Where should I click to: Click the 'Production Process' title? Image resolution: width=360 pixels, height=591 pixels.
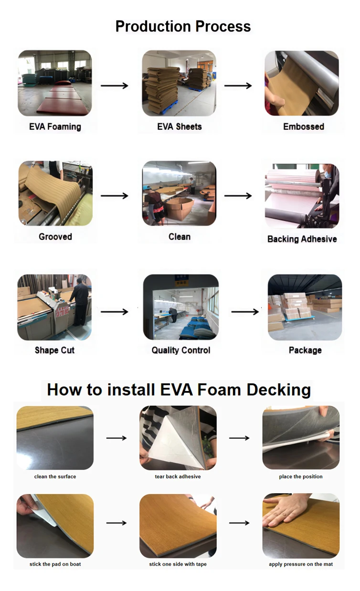183,26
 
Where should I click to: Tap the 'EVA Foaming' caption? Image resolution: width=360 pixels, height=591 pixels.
55,127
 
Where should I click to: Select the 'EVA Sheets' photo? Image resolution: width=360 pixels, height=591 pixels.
179,84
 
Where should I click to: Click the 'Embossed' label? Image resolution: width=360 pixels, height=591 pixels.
303,127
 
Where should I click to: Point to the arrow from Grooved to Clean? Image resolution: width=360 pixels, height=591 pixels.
115,196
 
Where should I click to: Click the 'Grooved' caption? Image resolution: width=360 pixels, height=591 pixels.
55,237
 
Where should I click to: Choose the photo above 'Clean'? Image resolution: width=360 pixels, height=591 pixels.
179,193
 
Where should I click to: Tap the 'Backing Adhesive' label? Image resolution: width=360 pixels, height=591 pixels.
302,239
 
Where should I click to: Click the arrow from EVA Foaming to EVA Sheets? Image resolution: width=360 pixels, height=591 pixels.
115,86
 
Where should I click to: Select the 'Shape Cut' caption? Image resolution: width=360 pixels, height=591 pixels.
54,350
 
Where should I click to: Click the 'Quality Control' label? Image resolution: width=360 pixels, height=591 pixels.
181,350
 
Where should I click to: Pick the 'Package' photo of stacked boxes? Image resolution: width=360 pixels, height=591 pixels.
305,307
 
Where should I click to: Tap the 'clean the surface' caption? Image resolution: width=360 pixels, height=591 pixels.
55,476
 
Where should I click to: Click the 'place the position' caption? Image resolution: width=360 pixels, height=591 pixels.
301,476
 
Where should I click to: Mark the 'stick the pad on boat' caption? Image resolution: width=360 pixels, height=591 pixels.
55,564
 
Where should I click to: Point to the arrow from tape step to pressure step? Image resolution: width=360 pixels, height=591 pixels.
239,523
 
